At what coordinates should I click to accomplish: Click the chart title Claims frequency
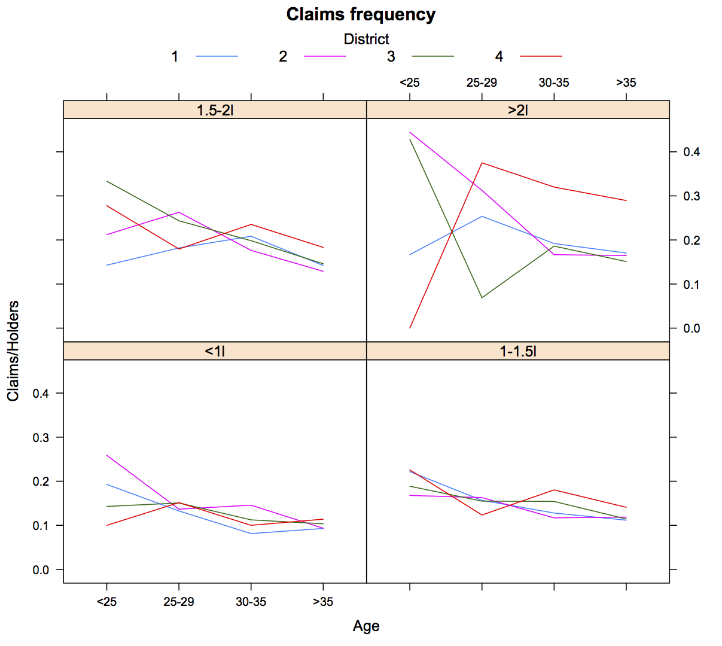361,14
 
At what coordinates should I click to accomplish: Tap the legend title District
366,39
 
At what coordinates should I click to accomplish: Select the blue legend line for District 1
217,56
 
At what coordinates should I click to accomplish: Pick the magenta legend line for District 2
325,56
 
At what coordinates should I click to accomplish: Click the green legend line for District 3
433,56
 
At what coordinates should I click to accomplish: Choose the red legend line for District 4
541,56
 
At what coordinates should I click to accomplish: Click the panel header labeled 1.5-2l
215,110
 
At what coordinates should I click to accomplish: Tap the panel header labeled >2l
518,110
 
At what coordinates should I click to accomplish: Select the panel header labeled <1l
215,351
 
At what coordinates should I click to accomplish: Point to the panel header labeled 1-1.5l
518,351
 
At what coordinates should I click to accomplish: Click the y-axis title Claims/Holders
13,351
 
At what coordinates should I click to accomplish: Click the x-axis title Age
366,626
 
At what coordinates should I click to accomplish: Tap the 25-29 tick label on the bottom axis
179,602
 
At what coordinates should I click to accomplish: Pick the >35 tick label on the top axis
626,83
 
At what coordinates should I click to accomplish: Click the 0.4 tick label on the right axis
691,152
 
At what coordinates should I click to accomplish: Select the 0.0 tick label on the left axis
41,570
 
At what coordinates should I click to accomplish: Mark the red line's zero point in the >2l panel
410,328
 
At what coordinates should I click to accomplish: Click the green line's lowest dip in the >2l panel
482,297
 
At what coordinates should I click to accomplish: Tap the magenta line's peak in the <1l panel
106,455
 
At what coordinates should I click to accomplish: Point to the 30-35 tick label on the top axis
554,83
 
